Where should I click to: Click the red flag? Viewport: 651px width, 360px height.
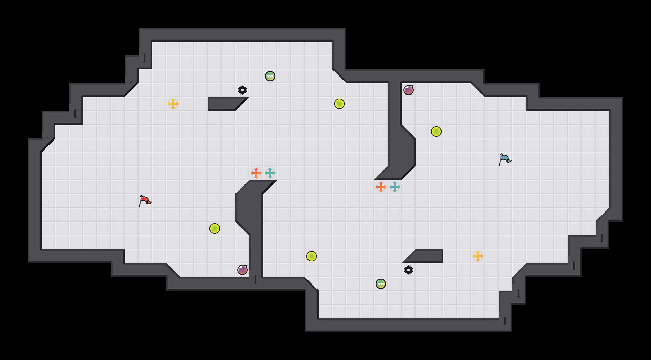coord(145,201)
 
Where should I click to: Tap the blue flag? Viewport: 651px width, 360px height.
coord(505,159)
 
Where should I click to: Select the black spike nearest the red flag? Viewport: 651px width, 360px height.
coord(242,90)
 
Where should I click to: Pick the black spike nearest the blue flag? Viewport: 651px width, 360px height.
coord(409,270)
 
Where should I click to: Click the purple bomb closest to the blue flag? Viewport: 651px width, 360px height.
coord(409,90)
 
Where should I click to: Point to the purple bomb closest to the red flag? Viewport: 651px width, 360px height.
coord(242,270)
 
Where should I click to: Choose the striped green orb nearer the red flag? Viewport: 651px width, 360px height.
coord(270,76)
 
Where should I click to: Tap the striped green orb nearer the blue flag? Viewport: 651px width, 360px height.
coord(381,284)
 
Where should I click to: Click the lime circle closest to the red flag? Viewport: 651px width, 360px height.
coord(215,228)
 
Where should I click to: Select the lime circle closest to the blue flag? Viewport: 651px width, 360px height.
coord(436,132)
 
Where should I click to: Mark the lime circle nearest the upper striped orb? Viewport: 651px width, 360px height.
coord(339,104)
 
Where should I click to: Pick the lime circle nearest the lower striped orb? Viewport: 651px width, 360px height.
coord(312,256)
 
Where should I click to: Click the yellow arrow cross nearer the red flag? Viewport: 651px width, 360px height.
coord(173,104)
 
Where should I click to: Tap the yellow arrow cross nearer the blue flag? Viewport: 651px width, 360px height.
coord(478,256)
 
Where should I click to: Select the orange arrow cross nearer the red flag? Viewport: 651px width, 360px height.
coord(256,173)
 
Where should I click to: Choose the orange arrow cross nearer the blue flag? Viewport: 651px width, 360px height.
coord(381,187)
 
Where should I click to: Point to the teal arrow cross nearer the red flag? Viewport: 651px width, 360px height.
coord(270,173)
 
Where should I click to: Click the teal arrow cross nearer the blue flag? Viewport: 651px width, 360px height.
coord(395,187)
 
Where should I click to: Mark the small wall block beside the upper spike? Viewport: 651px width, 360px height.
coord(223,104)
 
